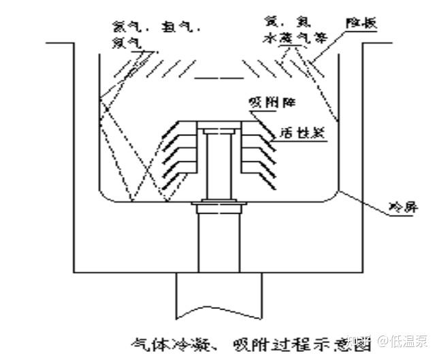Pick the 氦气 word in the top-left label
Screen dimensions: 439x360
coord(125,27)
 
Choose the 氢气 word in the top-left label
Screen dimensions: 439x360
coord(159,27)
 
